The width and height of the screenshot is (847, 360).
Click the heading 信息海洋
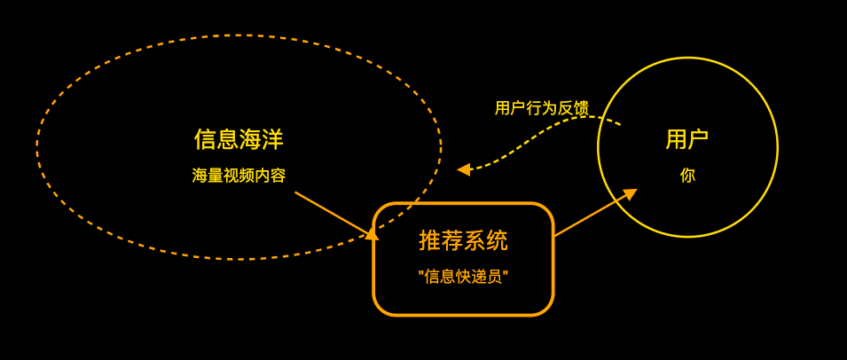tap(239, 139)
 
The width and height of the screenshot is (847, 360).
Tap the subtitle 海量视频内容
tap(239, 176)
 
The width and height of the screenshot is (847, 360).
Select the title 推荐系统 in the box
tap(463, 240)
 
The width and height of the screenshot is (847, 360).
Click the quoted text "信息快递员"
tap(463, 277)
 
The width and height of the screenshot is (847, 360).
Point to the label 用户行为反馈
tap(541, 108)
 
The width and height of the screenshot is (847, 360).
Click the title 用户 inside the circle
tap(686, 139)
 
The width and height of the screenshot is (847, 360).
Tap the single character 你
tap(687, 176)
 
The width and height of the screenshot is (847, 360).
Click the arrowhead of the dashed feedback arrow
tap(464, 169)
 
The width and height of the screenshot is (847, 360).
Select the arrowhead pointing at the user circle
tap(630, 193)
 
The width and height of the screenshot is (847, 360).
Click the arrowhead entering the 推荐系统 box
tap(372, 234)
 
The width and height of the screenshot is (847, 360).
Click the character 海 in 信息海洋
tap(250, 139)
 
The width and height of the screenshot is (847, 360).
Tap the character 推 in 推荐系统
tap(429, 240)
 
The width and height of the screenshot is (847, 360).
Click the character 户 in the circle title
tap(698, 139)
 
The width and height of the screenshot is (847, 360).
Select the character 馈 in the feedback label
tap(581, 108)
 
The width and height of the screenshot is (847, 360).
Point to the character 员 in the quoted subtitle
tap(495, 277)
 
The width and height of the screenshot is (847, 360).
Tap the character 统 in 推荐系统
tap(498, 240)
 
